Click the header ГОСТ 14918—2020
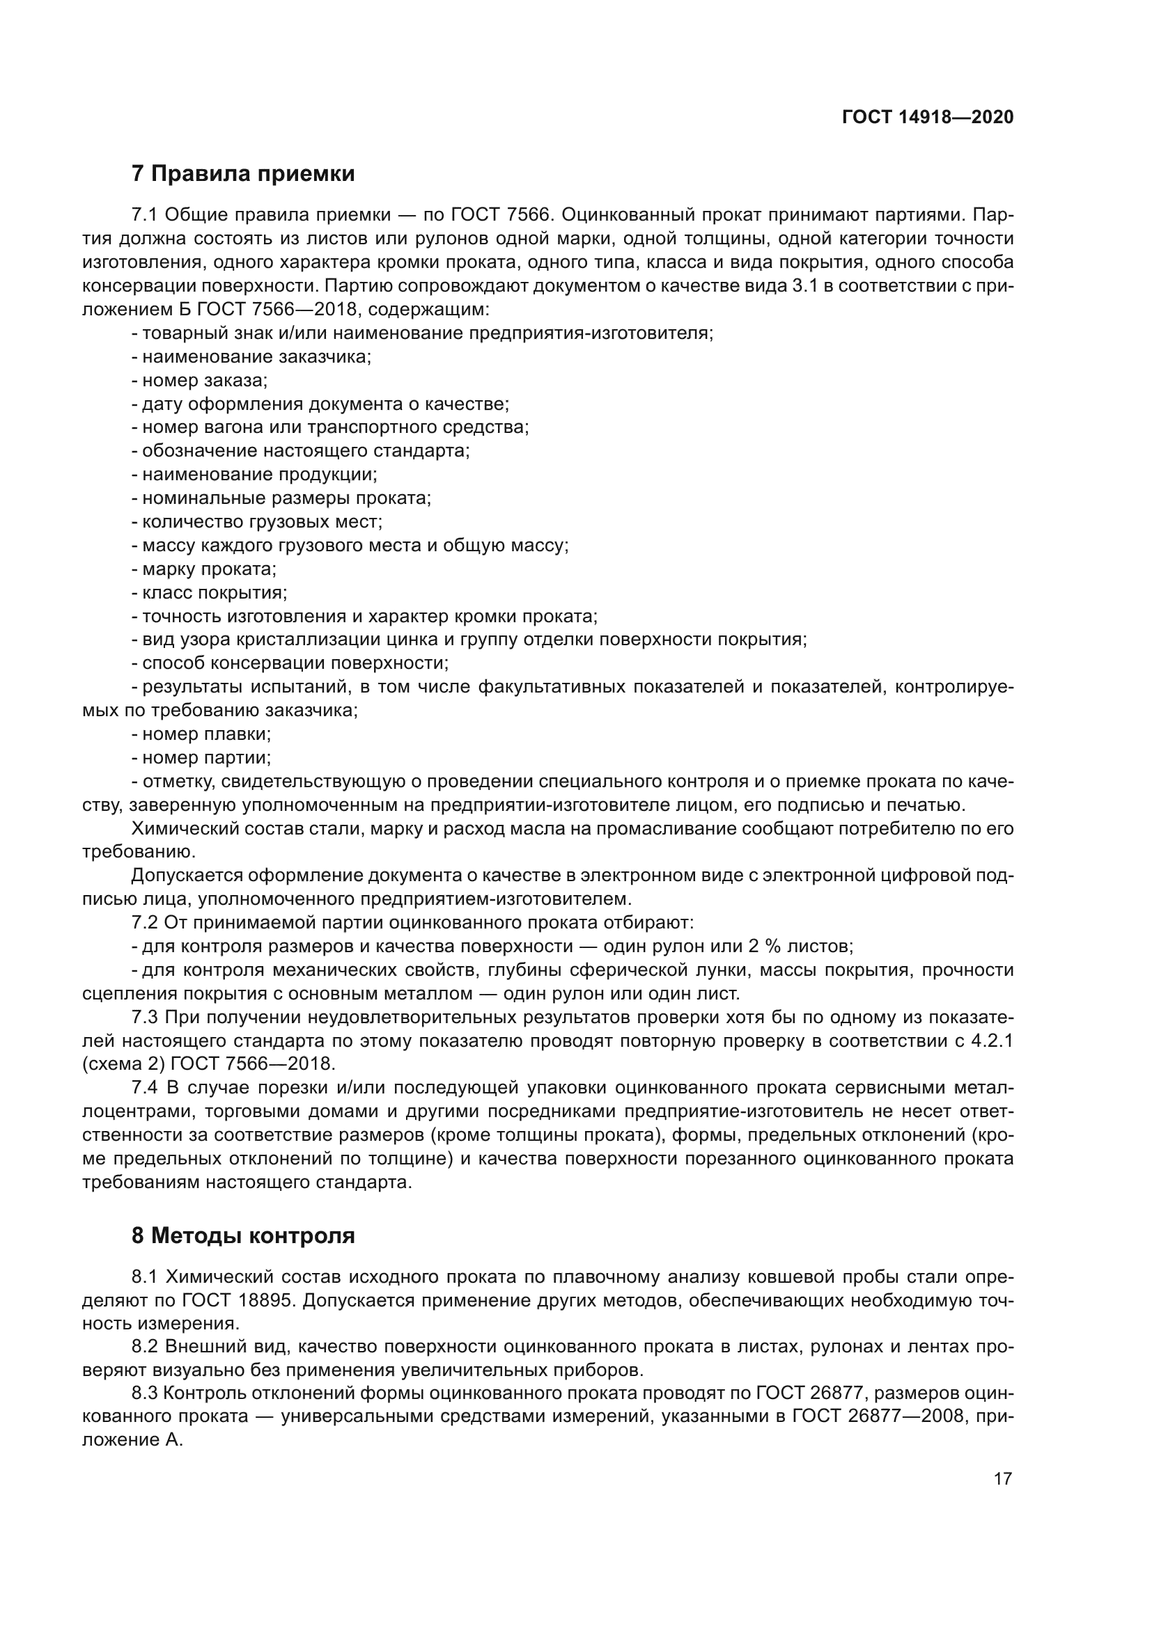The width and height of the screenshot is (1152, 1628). point(927,118)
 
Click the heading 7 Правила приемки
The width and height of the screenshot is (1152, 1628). point(242,174)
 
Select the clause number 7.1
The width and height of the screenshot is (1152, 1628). point(145,215)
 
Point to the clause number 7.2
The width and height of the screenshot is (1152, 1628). point(145,922)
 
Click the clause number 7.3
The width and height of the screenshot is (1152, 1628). point(145,1018)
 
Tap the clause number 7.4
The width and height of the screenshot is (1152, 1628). point(145,1088)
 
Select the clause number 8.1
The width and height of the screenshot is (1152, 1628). point(145,1277)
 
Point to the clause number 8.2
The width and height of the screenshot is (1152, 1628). point(145,1348)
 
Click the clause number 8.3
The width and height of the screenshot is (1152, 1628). point(145,1393)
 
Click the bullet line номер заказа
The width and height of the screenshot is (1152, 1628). point(199,380)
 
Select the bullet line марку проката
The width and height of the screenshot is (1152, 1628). point(203,569)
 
